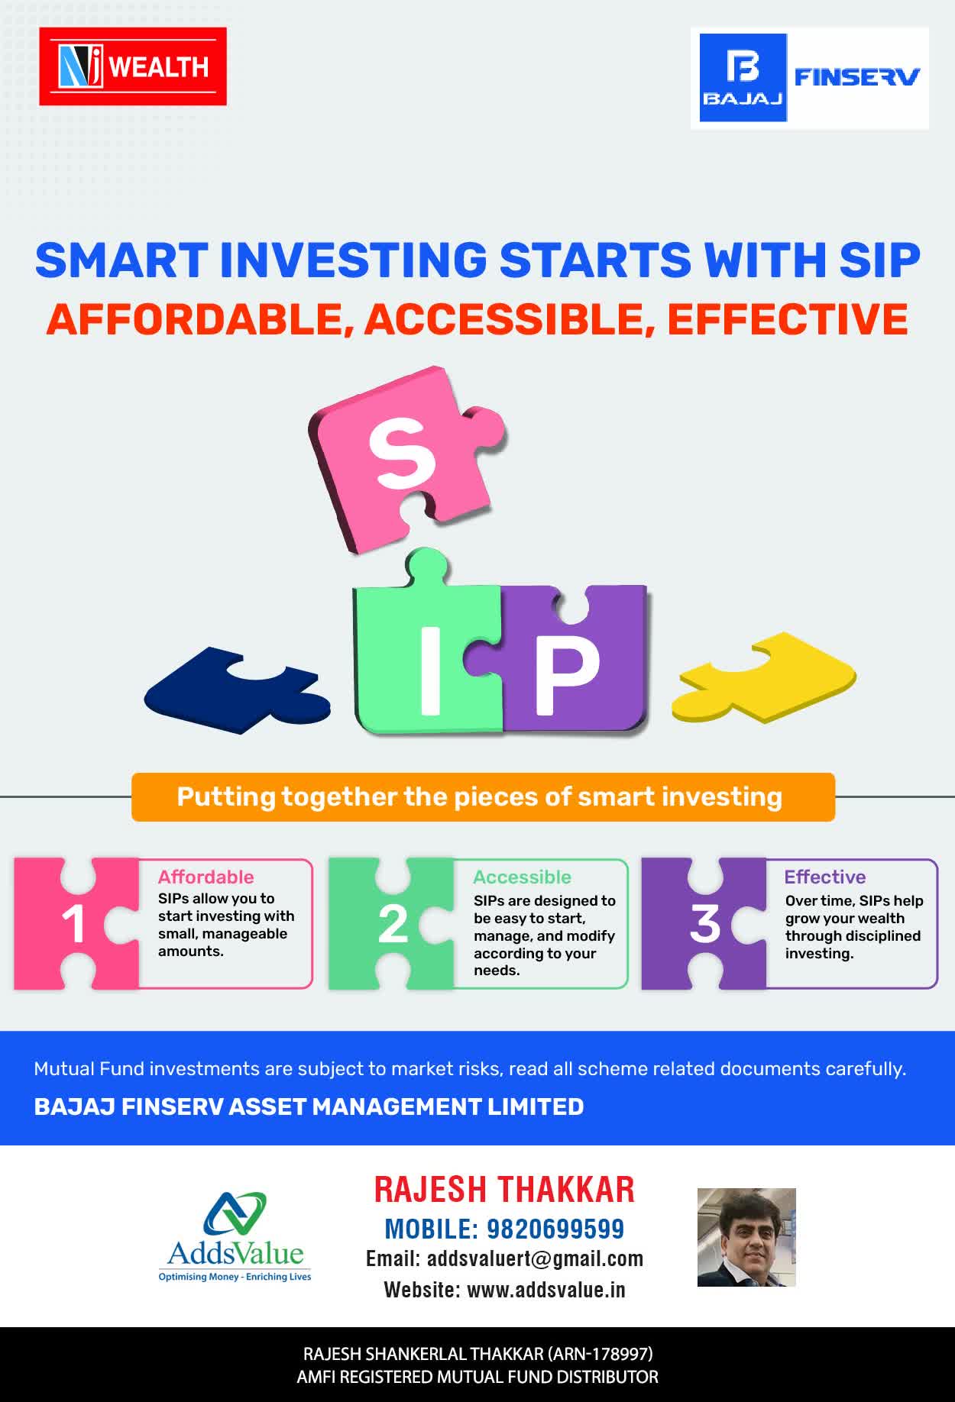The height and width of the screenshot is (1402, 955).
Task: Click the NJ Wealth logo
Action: [133, 66]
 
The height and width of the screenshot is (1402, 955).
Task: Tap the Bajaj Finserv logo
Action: [810, 78]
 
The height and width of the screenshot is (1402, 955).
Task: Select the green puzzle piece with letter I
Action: [428, 646]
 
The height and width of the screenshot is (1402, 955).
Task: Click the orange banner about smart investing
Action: [483, 797]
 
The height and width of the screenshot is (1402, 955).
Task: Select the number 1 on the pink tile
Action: [73, 924]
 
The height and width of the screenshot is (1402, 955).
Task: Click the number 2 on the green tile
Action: [393, 924]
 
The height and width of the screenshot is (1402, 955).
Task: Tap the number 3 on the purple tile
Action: [704, 924]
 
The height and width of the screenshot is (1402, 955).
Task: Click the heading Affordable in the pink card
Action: [206, 877]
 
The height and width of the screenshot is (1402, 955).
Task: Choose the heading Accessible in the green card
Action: [522, 877]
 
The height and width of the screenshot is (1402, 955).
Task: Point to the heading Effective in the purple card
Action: [825, 877]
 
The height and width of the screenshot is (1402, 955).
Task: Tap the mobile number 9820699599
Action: [555, 1229]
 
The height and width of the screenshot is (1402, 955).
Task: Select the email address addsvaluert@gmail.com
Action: [535, 1259]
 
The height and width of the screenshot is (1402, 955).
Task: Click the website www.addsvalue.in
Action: [546, 1290]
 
